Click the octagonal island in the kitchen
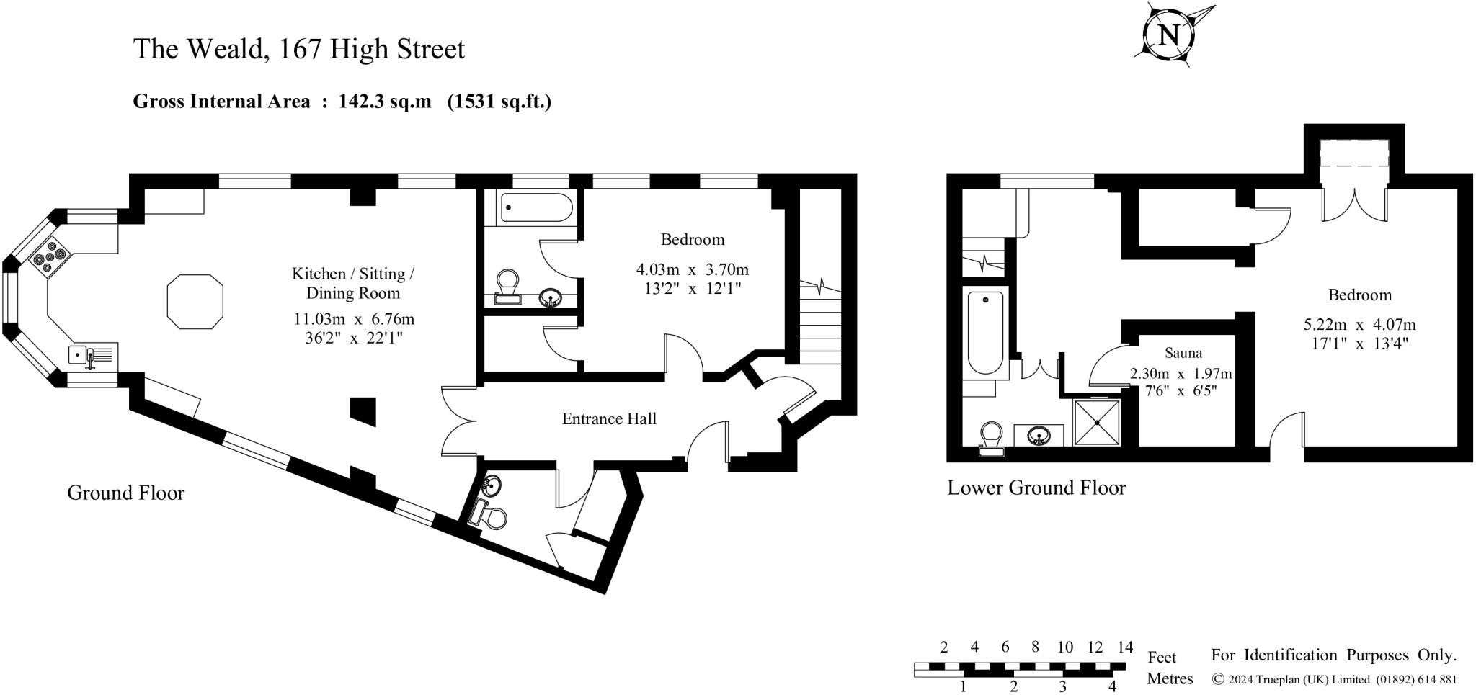(x=195, y=302)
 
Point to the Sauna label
(x=1183, y=353)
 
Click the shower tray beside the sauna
(x=1097, y=422)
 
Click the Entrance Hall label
(x=609, y=418)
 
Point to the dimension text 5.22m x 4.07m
(x=1359, y=325)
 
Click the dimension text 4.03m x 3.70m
(x=692, y=270)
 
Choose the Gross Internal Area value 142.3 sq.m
(x=385, y=102)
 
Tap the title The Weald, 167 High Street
(x=299, y=49)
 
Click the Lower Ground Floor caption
(x=1036, y=488)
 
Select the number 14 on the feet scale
(x=1124, y=647)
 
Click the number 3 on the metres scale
(x=1063, y=686)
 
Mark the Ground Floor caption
(x=125, y=493)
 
